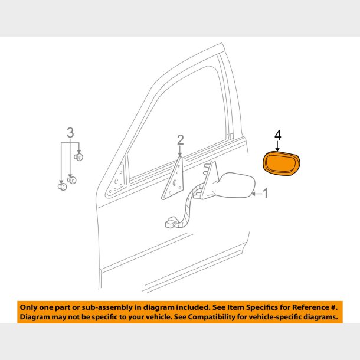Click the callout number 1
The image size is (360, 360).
265,193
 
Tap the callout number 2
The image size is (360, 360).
180,140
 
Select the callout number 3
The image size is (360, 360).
70,132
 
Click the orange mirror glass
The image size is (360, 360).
282,163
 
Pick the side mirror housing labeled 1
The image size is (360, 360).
234,184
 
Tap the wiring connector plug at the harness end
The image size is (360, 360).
169,223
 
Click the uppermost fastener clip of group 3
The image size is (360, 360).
81,157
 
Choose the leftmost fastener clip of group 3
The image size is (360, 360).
61,187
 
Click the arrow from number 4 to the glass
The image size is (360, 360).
278,146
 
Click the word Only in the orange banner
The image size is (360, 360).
29,307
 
